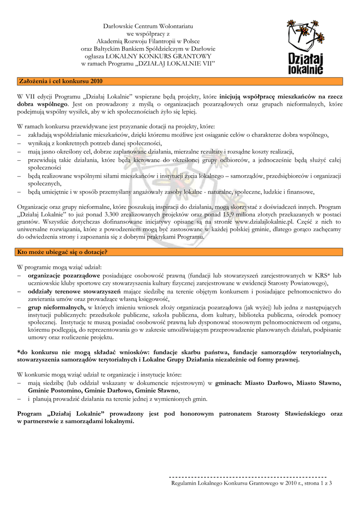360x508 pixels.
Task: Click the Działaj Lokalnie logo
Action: coord(305,47)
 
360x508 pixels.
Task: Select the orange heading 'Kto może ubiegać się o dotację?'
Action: coord(63,252)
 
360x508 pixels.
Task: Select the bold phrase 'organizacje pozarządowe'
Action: coord(64,275)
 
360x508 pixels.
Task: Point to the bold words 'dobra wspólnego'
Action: coord(42,105)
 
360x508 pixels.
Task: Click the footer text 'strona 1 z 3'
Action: coord(317,482)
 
